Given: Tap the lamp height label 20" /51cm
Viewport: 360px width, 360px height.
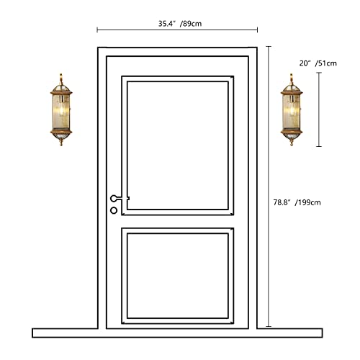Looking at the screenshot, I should (x=318, y=63).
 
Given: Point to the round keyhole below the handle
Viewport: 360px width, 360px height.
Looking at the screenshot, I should (x=113, y=210).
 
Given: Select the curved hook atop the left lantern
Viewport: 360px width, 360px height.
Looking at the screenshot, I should (x=60, y=75).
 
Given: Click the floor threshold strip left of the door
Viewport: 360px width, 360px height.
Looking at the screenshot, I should (x=65, y=333).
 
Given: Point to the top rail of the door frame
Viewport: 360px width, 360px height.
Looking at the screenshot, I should (x=178, y=51).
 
